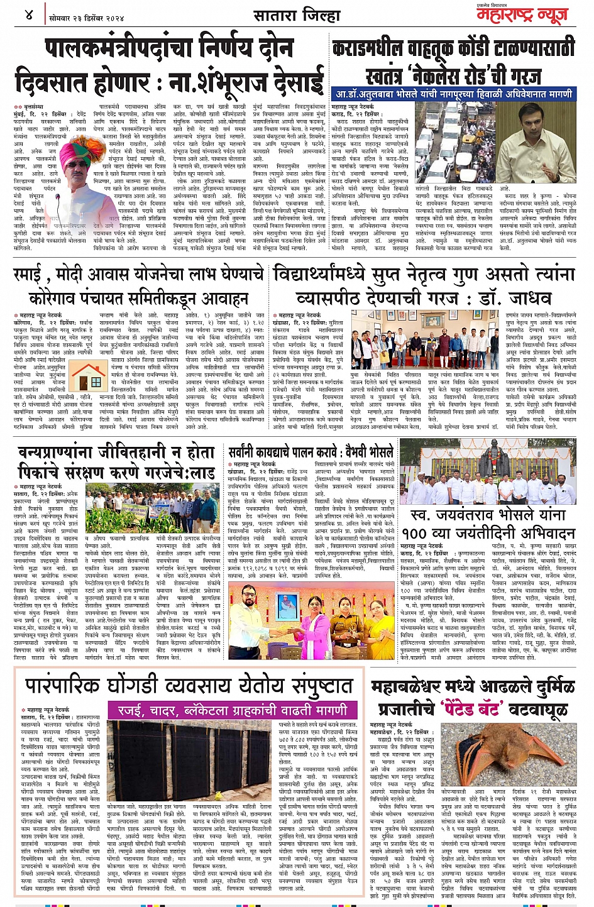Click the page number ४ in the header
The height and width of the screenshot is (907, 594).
[x=29, y=14]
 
